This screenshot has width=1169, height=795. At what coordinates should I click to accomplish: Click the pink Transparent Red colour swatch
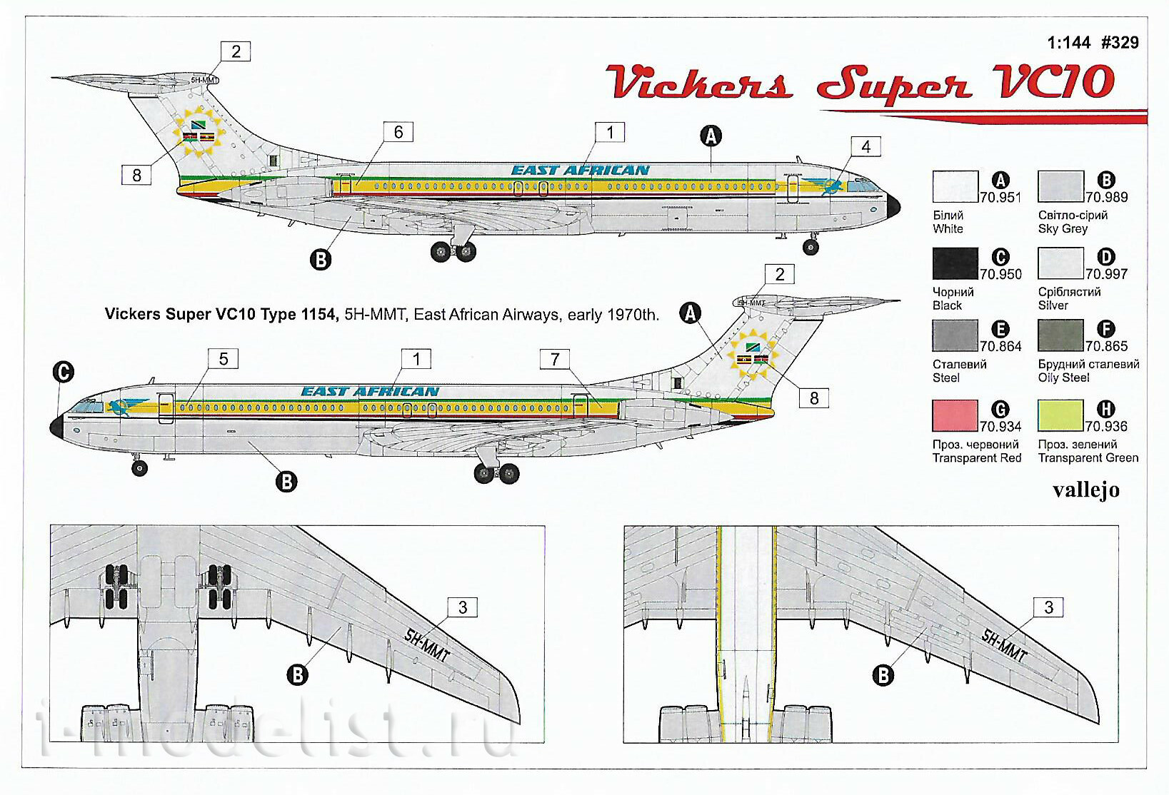(x=955, y=415)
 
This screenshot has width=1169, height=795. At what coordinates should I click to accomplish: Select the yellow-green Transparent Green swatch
(x=1060, y=415)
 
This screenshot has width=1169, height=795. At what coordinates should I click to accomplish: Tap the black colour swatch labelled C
(x=955, y=263)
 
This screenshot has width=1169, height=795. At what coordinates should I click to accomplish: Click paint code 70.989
(x=1106, y=197)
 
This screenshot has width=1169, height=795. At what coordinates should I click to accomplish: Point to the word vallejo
(x=1086, y=490)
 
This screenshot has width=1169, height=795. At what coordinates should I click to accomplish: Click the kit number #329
(x=1120, y=42)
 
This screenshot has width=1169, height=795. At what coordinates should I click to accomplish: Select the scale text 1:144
(x=1068, y=42)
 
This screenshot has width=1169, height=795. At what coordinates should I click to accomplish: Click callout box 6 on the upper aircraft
(x=398, y=132)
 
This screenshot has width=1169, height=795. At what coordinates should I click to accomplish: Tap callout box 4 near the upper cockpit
(x=866, y=146)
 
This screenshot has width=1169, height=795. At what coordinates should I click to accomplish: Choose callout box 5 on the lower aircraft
(x=224, y=359)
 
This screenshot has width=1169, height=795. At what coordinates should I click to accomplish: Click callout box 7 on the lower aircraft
(x=555, y=359)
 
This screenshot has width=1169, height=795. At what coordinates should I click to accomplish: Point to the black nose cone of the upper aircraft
(x=893, y=206)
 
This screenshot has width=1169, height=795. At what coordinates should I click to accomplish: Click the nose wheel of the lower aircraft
(x=139, y=468)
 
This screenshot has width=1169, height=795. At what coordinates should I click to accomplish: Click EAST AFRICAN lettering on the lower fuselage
(x=370, y=392)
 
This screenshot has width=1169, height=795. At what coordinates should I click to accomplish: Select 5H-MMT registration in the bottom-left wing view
(x=426, y=645)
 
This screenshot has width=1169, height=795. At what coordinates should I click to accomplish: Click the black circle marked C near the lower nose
(x=63, y=373)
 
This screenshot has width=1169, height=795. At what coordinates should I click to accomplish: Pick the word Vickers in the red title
(x=699, y=82)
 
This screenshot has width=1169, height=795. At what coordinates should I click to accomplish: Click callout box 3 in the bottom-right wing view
(x=1048, y=607)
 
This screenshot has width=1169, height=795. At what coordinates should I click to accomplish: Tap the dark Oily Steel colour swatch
(x=1060, y=335)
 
